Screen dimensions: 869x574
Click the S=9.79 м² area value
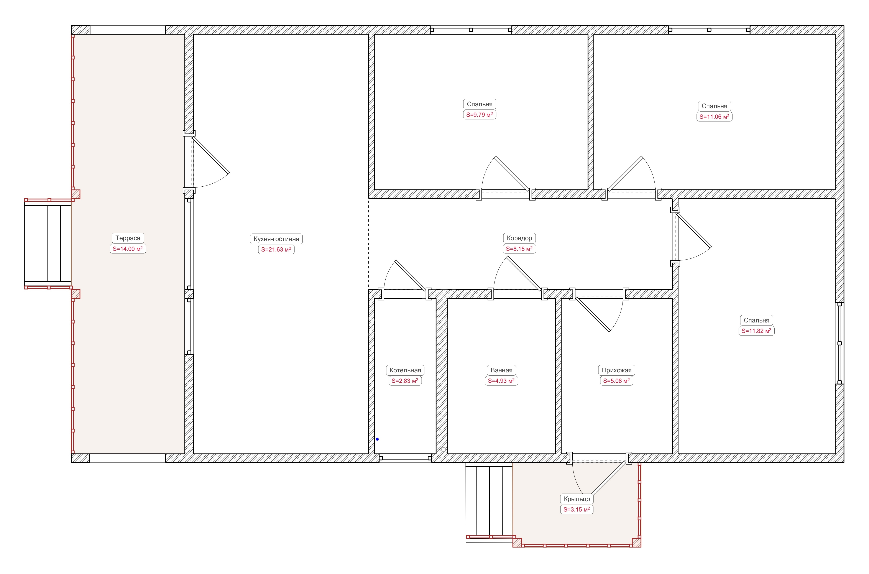click(x=480, y=115)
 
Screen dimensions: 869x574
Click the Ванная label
click(x=501, y=370)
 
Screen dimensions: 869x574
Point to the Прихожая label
click(x=616, y=370)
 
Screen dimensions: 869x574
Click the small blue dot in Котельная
click(x=377, y=439)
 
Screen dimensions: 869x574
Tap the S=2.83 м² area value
click(x=405, y=381)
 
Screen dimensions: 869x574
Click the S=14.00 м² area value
click(x=128, y=249)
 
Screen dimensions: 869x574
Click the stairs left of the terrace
click(x=48, y=244)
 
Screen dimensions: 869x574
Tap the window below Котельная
click(x=405, y=458)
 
